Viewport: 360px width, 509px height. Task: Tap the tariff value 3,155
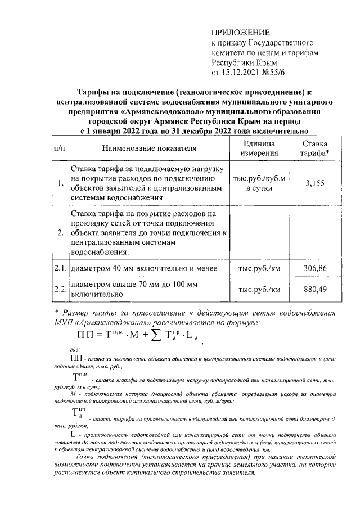314,183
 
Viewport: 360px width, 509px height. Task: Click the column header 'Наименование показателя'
149,148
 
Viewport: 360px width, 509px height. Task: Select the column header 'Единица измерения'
259,148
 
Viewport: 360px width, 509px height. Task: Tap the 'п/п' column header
59,148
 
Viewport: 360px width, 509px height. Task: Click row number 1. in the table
60,183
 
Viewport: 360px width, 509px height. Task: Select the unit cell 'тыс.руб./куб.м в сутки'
259,183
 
